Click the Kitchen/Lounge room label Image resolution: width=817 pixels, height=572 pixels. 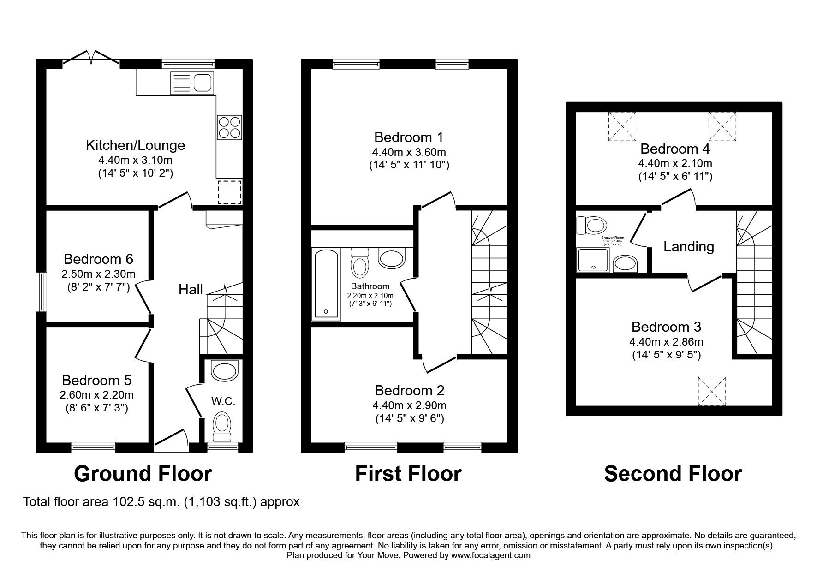click(x=135, y=145)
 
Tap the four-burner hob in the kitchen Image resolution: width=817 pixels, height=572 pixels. click(x=229, y=127)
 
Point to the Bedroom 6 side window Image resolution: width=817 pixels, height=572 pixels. click(x=42, y=292)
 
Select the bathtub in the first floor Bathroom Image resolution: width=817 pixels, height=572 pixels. click(x=326, y=283)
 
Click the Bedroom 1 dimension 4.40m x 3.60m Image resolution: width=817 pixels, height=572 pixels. click(x=409, y=152)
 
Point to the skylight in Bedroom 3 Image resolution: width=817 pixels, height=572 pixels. click(x=712, y=391)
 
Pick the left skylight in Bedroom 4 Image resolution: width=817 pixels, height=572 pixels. click(x=622, y=126)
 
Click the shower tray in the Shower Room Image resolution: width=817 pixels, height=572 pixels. click(x=593, y=260)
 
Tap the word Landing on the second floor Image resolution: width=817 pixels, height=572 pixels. click(x=688, y=247)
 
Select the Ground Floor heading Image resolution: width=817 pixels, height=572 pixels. click(x=143, y=474)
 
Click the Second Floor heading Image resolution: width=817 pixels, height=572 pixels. click(x=673, y=474)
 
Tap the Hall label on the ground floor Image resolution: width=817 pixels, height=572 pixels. click(x=191, y=290)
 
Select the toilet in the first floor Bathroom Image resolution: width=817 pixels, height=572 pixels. click(x=359, y=261)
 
